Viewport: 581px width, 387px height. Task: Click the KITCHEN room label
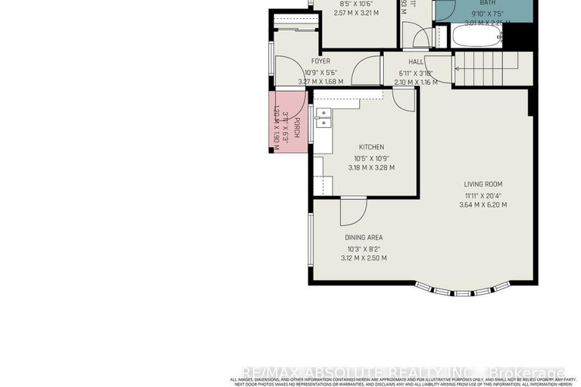click(371, 147)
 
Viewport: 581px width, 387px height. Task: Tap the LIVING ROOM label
click(483, 184)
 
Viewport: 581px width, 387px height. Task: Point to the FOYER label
click(320, 61)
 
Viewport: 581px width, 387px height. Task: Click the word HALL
click(416, 62)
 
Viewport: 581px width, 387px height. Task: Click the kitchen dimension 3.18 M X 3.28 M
click(371, 168)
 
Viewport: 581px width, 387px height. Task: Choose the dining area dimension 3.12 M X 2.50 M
click(364, 258)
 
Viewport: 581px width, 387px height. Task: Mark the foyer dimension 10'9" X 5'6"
click(320, 72)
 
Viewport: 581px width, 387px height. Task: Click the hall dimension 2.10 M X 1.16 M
click(417, 82)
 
